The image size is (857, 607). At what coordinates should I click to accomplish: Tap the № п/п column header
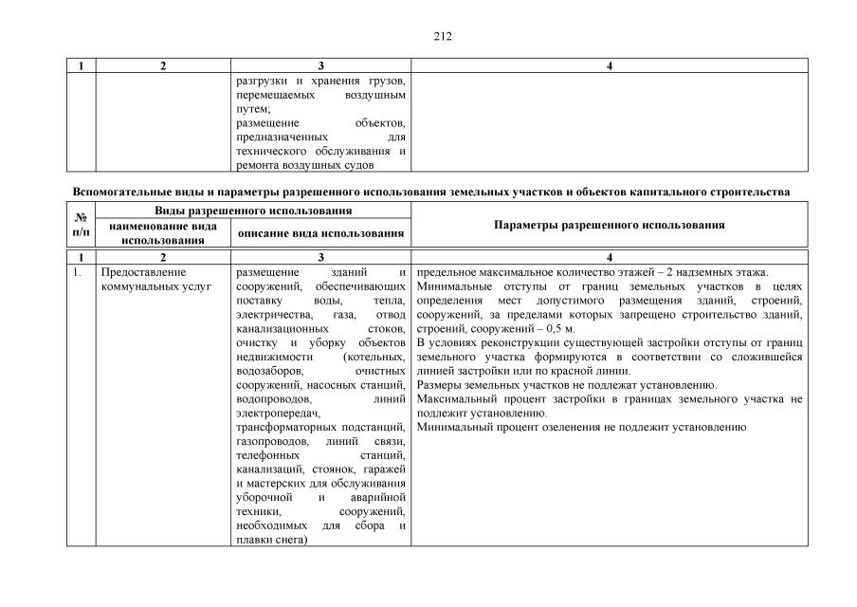click(x=81, y=226)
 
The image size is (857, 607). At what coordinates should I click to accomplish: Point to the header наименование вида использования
click(x=163, y=233)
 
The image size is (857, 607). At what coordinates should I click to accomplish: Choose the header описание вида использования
click(x=320, y=233)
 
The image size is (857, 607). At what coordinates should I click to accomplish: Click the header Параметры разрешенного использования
click(x=610, y=226)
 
